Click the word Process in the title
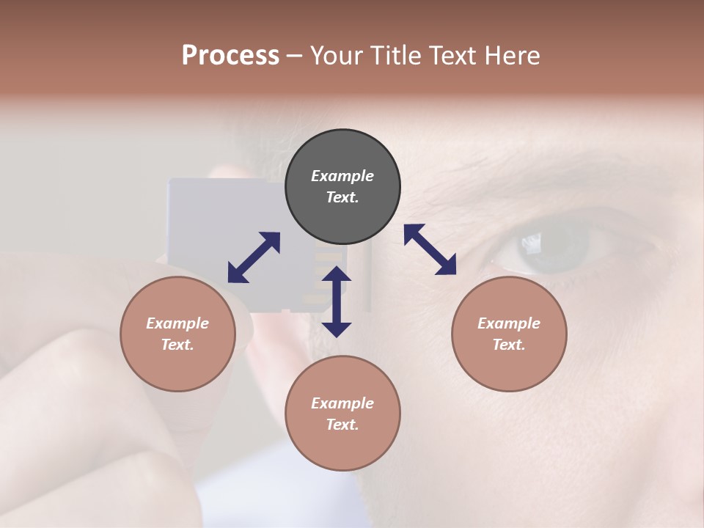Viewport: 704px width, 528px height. tap(230, 56)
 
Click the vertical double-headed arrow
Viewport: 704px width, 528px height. tap(337, 301)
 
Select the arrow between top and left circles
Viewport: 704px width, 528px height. tap(254, 257)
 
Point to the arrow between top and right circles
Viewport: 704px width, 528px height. tap(430, 249)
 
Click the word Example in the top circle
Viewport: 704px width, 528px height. tap(342, 176)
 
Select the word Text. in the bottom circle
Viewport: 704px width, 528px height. tap(342, 425)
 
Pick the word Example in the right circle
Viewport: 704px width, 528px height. tap(509, 323)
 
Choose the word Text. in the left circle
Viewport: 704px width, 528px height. tap(177, 345)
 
